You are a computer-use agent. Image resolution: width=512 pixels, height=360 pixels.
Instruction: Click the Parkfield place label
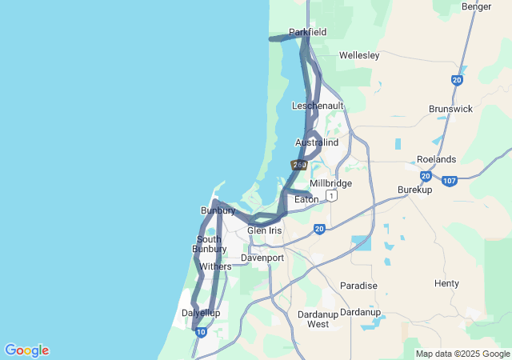click(x=308, y=33)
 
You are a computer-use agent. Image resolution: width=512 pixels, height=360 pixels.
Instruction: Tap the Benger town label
click(x=477, y=6)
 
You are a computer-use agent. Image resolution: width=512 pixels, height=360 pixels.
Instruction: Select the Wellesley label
click(x=358, y=56)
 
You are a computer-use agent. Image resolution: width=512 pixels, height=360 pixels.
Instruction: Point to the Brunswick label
click(x=450, y=109)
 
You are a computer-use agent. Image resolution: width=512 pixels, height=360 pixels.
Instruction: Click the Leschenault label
click(x=318, y=106)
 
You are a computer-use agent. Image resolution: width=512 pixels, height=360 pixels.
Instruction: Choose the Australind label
click(x=317, y=142)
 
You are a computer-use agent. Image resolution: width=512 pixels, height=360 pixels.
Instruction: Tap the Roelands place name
click(x=436, y=159)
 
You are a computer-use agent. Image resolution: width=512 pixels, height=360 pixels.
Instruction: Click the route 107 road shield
click(x=450, y=181)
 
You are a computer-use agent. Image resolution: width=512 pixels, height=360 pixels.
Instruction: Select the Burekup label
click(x=415, y=190)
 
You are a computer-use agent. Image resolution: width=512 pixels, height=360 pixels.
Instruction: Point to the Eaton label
click(x=306, y=199)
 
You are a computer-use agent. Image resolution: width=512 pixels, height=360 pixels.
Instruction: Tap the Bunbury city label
click(x=218, y=211)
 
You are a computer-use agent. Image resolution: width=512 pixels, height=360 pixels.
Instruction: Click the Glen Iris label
click(x=265, y=230)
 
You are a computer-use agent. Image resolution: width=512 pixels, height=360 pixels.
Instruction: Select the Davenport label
click(x=262, y=258)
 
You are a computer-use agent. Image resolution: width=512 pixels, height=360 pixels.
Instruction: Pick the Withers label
click(x=215, y=266)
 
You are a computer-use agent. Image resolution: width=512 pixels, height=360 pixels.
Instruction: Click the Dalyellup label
click(x=201, y=313)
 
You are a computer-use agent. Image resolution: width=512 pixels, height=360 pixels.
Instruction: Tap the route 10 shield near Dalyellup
click(x=201, y=331)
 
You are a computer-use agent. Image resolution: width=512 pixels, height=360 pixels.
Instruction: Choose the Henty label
click(x=446, y=283)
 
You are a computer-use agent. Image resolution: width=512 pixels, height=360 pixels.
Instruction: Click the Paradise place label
click(x=358, y=286)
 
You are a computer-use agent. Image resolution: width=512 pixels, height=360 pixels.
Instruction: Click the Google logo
click(x=26, y=350)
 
